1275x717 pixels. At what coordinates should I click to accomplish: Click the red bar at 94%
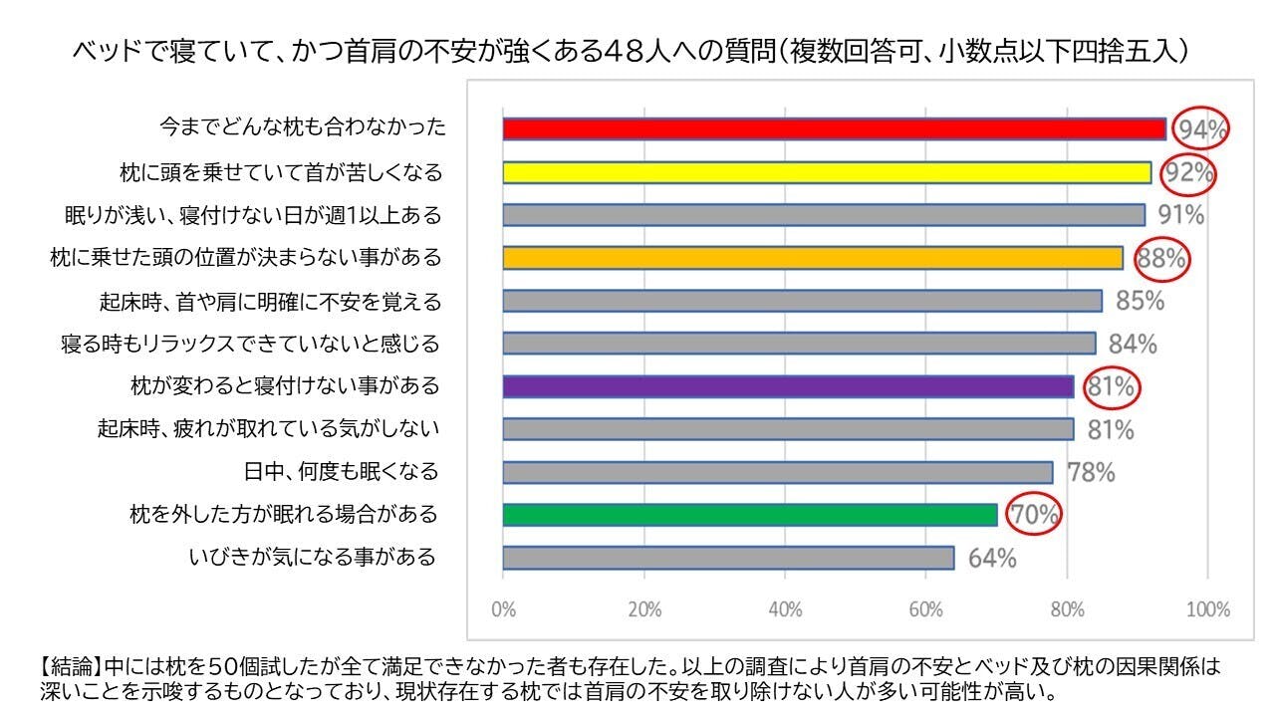[834, 128]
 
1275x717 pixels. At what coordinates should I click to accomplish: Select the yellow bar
[827, 172]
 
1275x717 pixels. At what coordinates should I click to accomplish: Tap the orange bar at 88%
[813, 258]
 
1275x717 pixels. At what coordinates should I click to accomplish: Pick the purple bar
[788, 386]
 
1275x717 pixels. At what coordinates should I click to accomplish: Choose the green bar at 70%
[750, 515]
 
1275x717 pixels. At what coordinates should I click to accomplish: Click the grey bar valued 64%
[728, 558]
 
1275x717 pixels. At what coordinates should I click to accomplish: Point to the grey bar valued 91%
[824, 215]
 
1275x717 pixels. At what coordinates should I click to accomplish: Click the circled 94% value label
[1200, 129]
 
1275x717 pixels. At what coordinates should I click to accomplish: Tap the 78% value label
[1091, 472]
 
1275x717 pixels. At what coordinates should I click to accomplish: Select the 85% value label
[1140, 301]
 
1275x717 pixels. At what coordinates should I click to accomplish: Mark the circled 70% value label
[1034, 516]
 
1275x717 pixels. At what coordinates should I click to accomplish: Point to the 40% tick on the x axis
[785, 609]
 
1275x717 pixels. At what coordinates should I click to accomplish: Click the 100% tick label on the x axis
[1208, 609]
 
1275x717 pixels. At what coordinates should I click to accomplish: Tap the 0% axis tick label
[504, 609]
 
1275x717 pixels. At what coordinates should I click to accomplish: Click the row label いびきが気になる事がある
[313, 558]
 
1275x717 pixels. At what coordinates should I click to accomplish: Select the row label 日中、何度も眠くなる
[341, 471]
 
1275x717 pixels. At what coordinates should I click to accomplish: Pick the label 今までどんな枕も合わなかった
[303, 128]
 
